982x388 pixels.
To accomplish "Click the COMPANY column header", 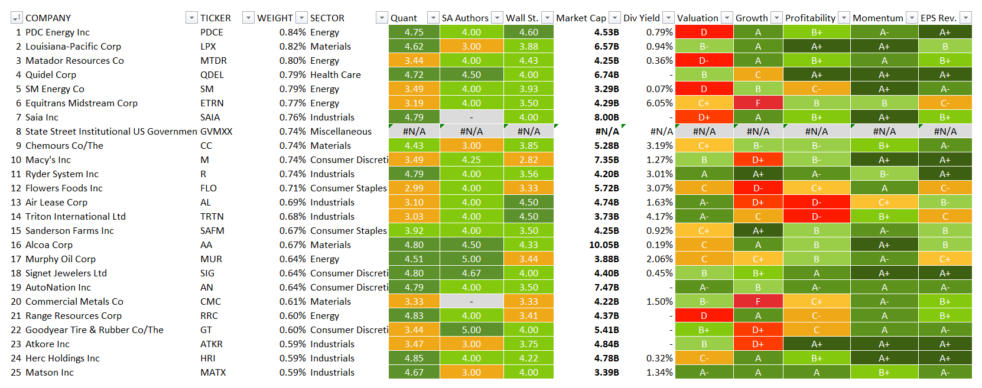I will [48, 18].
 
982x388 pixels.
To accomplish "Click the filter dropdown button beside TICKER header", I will [249, 18].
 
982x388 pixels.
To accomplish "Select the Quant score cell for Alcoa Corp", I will [414, 244].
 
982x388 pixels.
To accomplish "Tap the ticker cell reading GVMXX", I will [216, 131].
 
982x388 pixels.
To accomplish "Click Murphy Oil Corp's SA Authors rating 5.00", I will [471, 259].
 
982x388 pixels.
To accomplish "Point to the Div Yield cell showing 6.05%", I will [659, 103].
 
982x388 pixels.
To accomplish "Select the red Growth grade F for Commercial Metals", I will [757, 301].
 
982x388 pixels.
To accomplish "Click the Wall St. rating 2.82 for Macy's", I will [528, 159].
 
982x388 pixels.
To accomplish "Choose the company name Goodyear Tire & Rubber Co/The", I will [95, 330].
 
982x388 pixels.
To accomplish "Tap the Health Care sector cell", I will [335, 74].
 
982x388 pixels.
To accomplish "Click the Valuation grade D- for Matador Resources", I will [704, 60].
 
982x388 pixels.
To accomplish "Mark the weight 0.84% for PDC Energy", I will [292, 32].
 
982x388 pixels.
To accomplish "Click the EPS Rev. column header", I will [938, 18].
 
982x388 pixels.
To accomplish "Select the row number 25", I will [16, 372].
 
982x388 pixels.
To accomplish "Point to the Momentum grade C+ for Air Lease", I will [884, 202].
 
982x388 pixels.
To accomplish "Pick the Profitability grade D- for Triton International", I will [816, 216].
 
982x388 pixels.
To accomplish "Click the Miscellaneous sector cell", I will [341, 131].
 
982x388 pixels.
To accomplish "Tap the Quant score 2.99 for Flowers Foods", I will [414, 188].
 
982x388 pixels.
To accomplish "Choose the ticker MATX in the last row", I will [213, 372].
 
